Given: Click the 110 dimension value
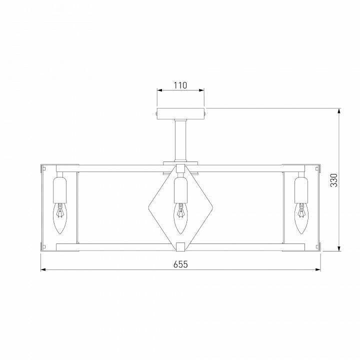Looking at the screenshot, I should coord(180,85).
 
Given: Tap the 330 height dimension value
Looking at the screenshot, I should coord(334,180).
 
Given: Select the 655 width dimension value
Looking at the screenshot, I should coord(180,264).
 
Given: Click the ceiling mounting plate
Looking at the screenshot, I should coord(180,113).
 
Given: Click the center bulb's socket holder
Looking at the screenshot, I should coord(180,190).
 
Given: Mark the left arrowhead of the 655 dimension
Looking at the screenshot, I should coord(43,269).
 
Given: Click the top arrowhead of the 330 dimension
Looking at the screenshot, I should coord(339,110).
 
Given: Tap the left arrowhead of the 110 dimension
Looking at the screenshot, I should coord(159,90).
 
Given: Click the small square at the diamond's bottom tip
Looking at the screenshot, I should coord(180,246).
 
